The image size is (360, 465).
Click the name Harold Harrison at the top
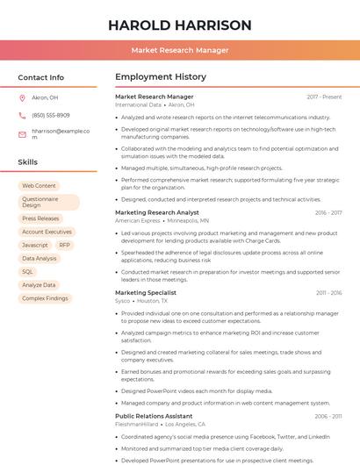tap(180, 25)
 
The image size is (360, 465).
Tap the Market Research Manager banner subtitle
tap(180, 50)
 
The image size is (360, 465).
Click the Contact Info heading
tap(41, 77)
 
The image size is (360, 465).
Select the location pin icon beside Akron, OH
tap(22, 97)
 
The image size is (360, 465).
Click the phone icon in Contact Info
tap(22, 115)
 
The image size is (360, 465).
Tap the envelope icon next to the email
tap(22, 133)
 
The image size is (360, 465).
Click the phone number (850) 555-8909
tap(50, 115)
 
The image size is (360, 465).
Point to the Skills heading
tap(28, 162)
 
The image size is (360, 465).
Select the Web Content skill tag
tap(39, 186)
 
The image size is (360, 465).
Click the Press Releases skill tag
tap(40, 218)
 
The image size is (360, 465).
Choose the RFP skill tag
tap(65, 245)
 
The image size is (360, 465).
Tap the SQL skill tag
tap(28, 272)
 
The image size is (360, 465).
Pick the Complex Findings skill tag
tap(45, 298)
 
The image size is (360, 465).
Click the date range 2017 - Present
tap(324, 97)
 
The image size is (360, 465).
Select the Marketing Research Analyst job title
tap(157, 212)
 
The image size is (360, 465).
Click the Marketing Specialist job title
tap(146, 292)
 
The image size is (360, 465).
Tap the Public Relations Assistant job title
tap(154, 416)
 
